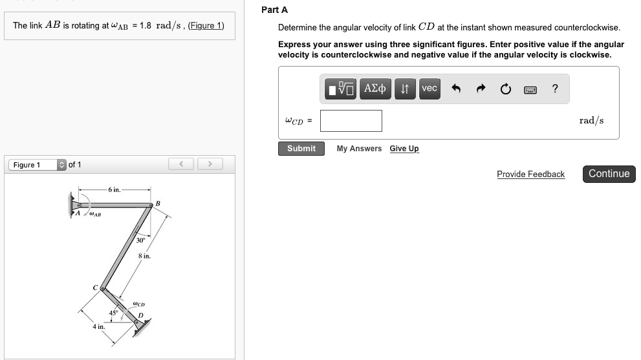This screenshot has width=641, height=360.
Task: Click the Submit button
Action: (301, 149)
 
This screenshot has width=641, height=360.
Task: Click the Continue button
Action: (609, 174)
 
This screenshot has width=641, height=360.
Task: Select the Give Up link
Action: (404, 149)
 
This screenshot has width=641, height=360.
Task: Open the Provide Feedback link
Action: (530, 175)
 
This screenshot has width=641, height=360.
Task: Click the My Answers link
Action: (359, 149)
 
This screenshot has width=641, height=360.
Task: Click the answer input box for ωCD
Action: (351, 121)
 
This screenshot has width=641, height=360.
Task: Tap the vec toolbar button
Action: (429, 89)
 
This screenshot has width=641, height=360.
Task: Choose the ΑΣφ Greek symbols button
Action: (375, 89)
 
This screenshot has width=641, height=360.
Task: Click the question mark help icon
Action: (555, 89)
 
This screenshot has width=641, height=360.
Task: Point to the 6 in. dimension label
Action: (114, 189)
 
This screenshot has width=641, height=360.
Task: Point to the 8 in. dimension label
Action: (144, 257)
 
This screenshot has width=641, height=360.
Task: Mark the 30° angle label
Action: (140, 240)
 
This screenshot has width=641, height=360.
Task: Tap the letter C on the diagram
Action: (95, 287)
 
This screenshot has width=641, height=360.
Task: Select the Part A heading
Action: (274, 10)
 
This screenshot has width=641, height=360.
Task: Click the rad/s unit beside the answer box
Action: (591, 121)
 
